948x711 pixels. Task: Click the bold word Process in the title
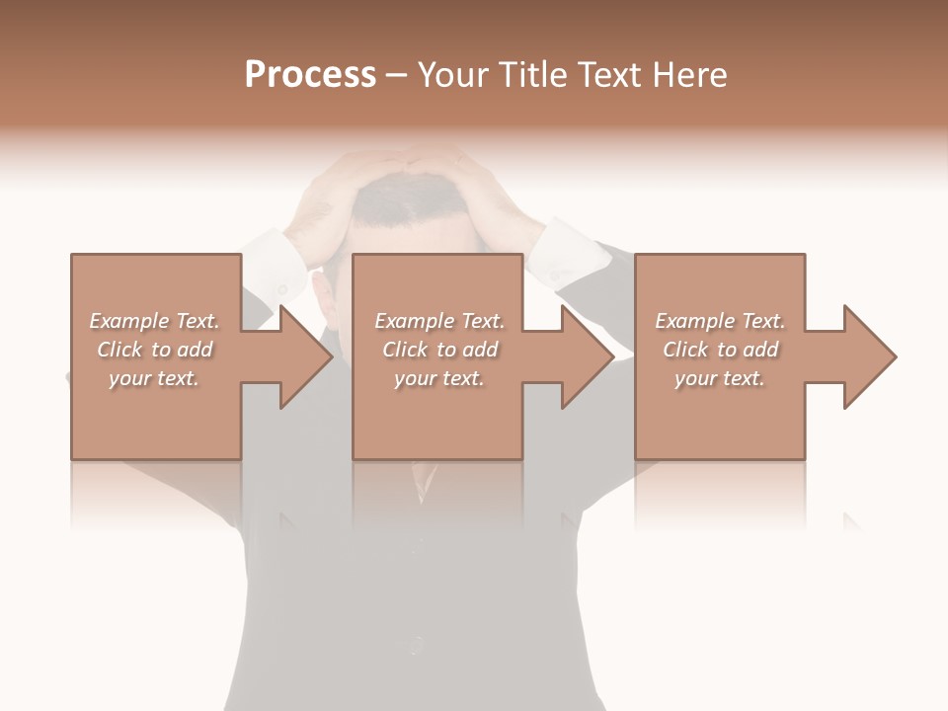pos(310,75)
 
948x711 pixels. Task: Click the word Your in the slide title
pos(453,75)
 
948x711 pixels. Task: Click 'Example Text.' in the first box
pos(154,321)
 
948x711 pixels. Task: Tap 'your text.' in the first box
pos(154,378)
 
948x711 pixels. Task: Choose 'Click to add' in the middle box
pos(439,350)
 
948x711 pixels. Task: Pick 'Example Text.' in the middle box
pos(439,321)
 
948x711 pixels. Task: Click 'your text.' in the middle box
pos(439,378)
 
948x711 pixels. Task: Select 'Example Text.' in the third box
pos(720,321)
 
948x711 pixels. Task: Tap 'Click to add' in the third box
pos(720,350)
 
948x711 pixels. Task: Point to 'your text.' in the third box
pos(720,378)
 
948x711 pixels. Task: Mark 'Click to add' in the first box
pos(154,350)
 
